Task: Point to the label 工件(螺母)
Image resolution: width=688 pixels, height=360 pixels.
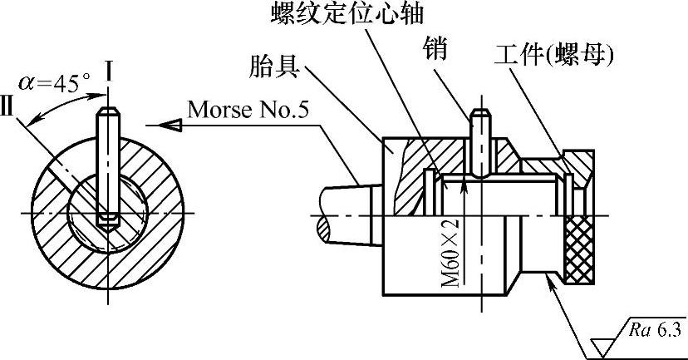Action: click(553, 56)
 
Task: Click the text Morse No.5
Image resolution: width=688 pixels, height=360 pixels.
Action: click(254, 109)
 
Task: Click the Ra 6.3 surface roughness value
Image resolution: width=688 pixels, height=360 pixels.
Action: click(655, 330)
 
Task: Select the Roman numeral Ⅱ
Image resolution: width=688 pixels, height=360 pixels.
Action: click(10, 111)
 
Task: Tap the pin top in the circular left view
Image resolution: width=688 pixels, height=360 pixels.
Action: click(106, 116)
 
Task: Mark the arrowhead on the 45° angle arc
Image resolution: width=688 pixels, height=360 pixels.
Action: click(33, 121)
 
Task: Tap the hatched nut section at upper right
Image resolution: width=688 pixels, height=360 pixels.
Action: click(577, 161)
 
